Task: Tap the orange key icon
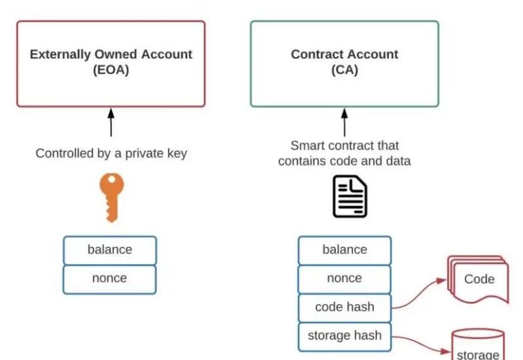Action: coord(111,195)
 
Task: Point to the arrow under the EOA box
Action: coord(110,123)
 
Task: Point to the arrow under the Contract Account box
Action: coord(345,123)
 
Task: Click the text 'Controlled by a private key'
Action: coord(111,154)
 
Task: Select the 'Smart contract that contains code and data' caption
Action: coord(345,153)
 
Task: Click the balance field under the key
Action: coord(110,250)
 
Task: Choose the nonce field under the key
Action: coord(110,278)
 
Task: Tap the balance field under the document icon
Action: coord(345,250)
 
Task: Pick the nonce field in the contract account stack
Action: coord(345,278)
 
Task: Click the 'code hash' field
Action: coord(345,307)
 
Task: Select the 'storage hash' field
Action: coord(345,336)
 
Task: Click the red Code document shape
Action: coord(478,279)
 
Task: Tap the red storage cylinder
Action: coord(478,345)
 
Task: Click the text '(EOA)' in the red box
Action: coord(110,70)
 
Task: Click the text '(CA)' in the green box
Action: coord(345,70)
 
